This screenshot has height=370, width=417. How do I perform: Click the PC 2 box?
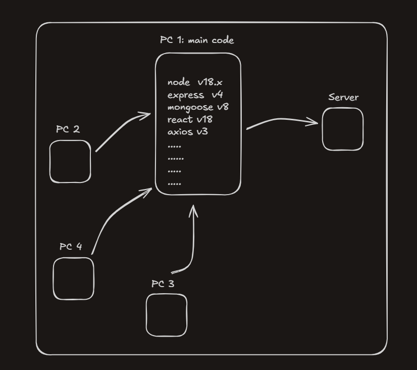tap(70, 161)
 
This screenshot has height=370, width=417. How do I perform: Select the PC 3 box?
tap(167, 315)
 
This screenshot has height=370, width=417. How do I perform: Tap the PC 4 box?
tap(74, 279)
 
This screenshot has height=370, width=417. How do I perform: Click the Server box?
tap(343, 129)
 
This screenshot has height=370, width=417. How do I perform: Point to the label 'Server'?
tap(343, 97)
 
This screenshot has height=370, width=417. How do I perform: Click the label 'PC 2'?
tap(68, 129)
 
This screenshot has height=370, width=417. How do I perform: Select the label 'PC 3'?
tap(163, 284)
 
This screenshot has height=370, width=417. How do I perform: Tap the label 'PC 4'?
tap(71, 247)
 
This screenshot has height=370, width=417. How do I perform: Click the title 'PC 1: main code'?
tap(197, 40)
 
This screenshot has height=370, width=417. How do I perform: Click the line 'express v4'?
tap(195, 95)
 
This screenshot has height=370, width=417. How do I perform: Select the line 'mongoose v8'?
tap(198, 107)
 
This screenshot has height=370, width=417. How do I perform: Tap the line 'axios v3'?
tap(188, 131)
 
